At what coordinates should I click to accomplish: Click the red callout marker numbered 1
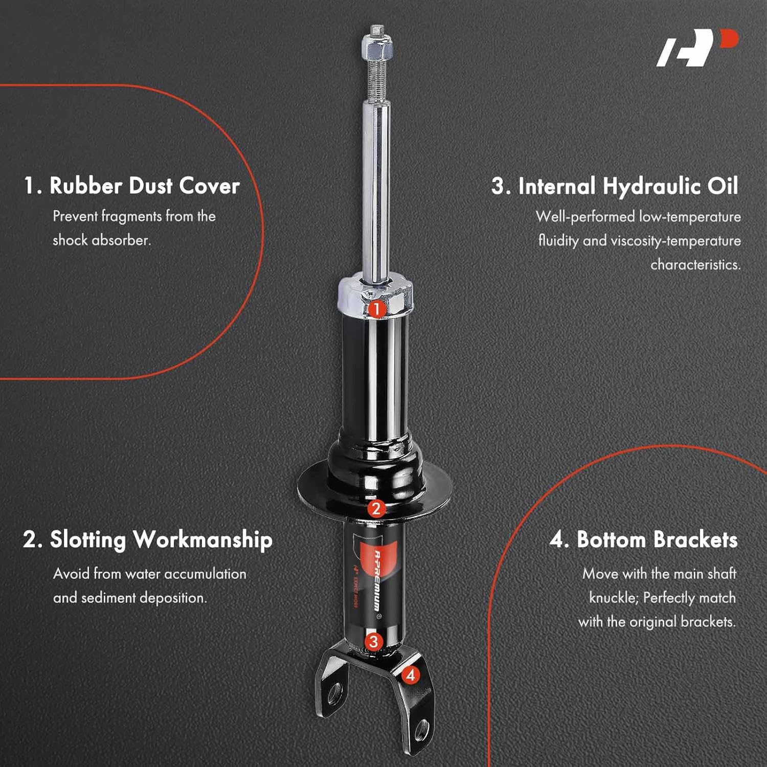pyautogui.click(x=376, y=309)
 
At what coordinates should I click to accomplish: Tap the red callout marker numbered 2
pyautogui.click(x=376, y=508)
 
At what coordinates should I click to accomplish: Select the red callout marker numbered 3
pyautogui.click(x=374, y=642)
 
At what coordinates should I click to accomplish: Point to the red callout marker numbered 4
pyautogui.click(x=411, y=675)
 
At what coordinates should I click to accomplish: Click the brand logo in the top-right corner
pyautogui.click(x=697, y=48)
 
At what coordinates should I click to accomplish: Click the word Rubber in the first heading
pyautogui.click(x=85, y=186)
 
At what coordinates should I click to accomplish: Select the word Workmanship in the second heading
pyautogui.click(x=202, y=540)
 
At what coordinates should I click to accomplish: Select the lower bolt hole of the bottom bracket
pyautogui.click(x=422, y=730)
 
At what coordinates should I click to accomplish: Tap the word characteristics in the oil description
pyautogui.click(x=695, y=265)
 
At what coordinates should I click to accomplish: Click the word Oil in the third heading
pyautogui.click(x=723, y=187)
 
